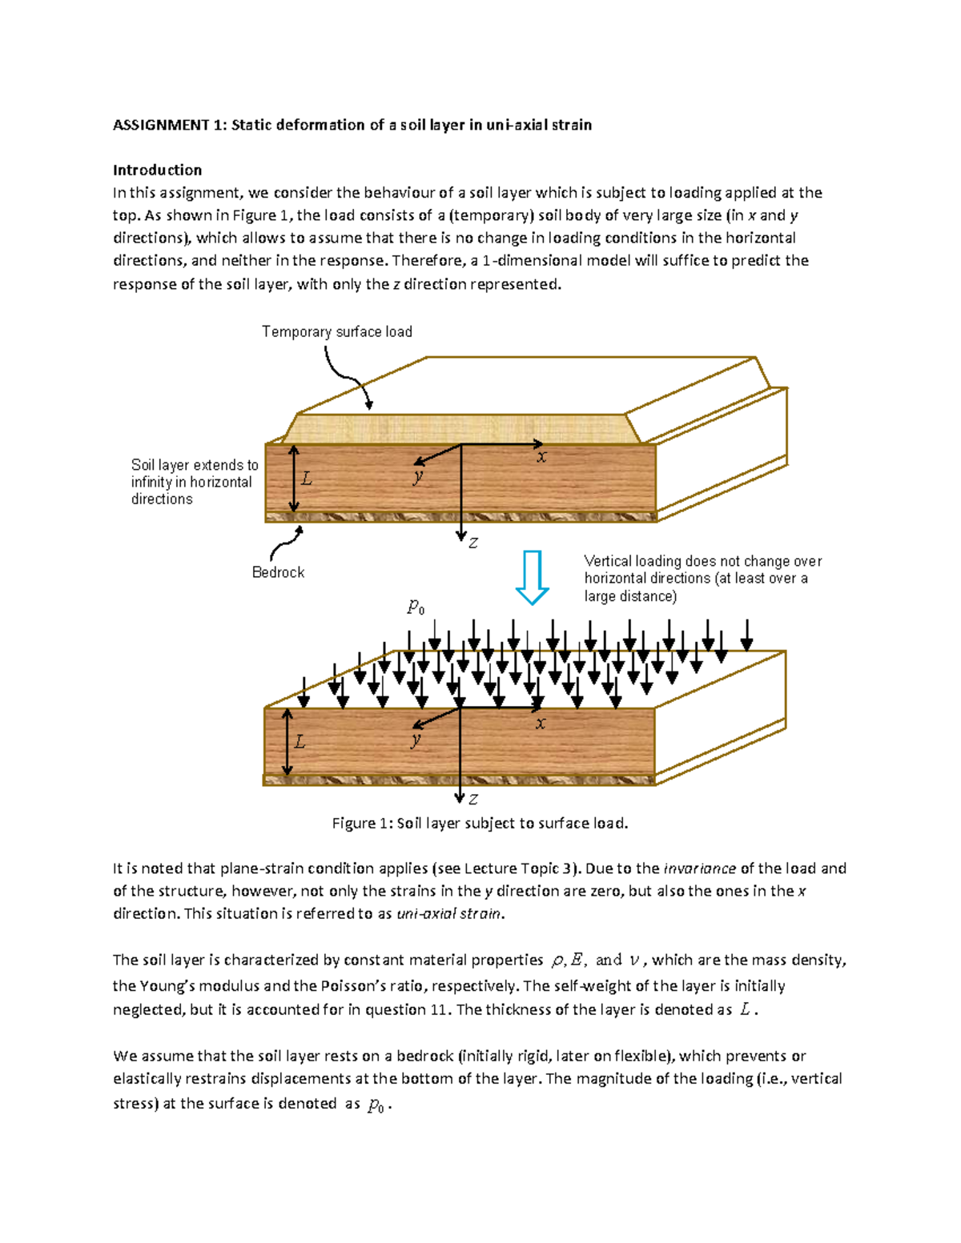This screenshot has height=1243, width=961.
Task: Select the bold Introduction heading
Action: pyautogui.click(x=157, y=170)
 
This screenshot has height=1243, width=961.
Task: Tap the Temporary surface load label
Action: pyautogui.click(x=336, y=331)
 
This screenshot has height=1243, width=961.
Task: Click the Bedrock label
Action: pyautogui.click(x=278, y=572)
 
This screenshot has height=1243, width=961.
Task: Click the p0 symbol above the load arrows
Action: pyautogui.click(x=416, y=607)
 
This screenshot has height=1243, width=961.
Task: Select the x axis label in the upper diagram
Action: pyautogui.click(x=542, y=457)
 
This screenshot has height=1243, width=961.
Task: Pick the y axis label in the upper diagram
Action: pyautogui.click(x=418, y=476)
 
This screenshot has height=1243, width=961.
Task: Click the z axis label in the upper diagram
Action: pyautogui.click(x=473, y=543)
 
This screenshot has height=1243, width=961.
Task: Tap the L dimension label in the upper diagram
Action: pyautogui.click(x=306, y=479)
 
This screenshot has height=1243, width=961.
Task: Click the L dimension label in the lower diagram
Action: pyautogui.click(x=300, y=742)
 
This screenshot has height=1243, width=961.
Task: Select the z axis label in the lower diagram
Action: pyautogui.click(x=473, y=799)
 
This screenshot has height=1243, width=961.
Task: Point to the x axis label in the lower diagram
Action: pyautogui.click(x=541, y=724)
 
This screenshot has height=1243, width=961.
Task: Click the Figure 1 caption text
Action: pyautogui.click(x=480, y=823)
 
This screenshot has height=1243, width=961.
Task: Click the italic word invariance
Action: pyautogui.click(x=700, y=868)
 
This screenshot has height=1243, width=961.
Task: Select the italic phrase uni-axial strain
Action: pyautogui.click(x=450, y=913)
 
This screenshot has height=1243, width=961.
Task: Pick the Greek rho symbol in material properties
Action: pyautogui.click(x=557, y=960)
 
